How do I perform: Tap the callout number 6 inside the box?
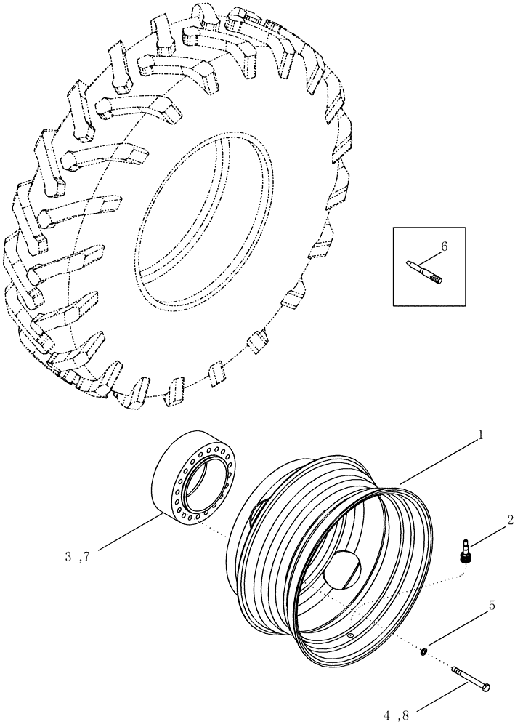(x=444, y=246)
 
